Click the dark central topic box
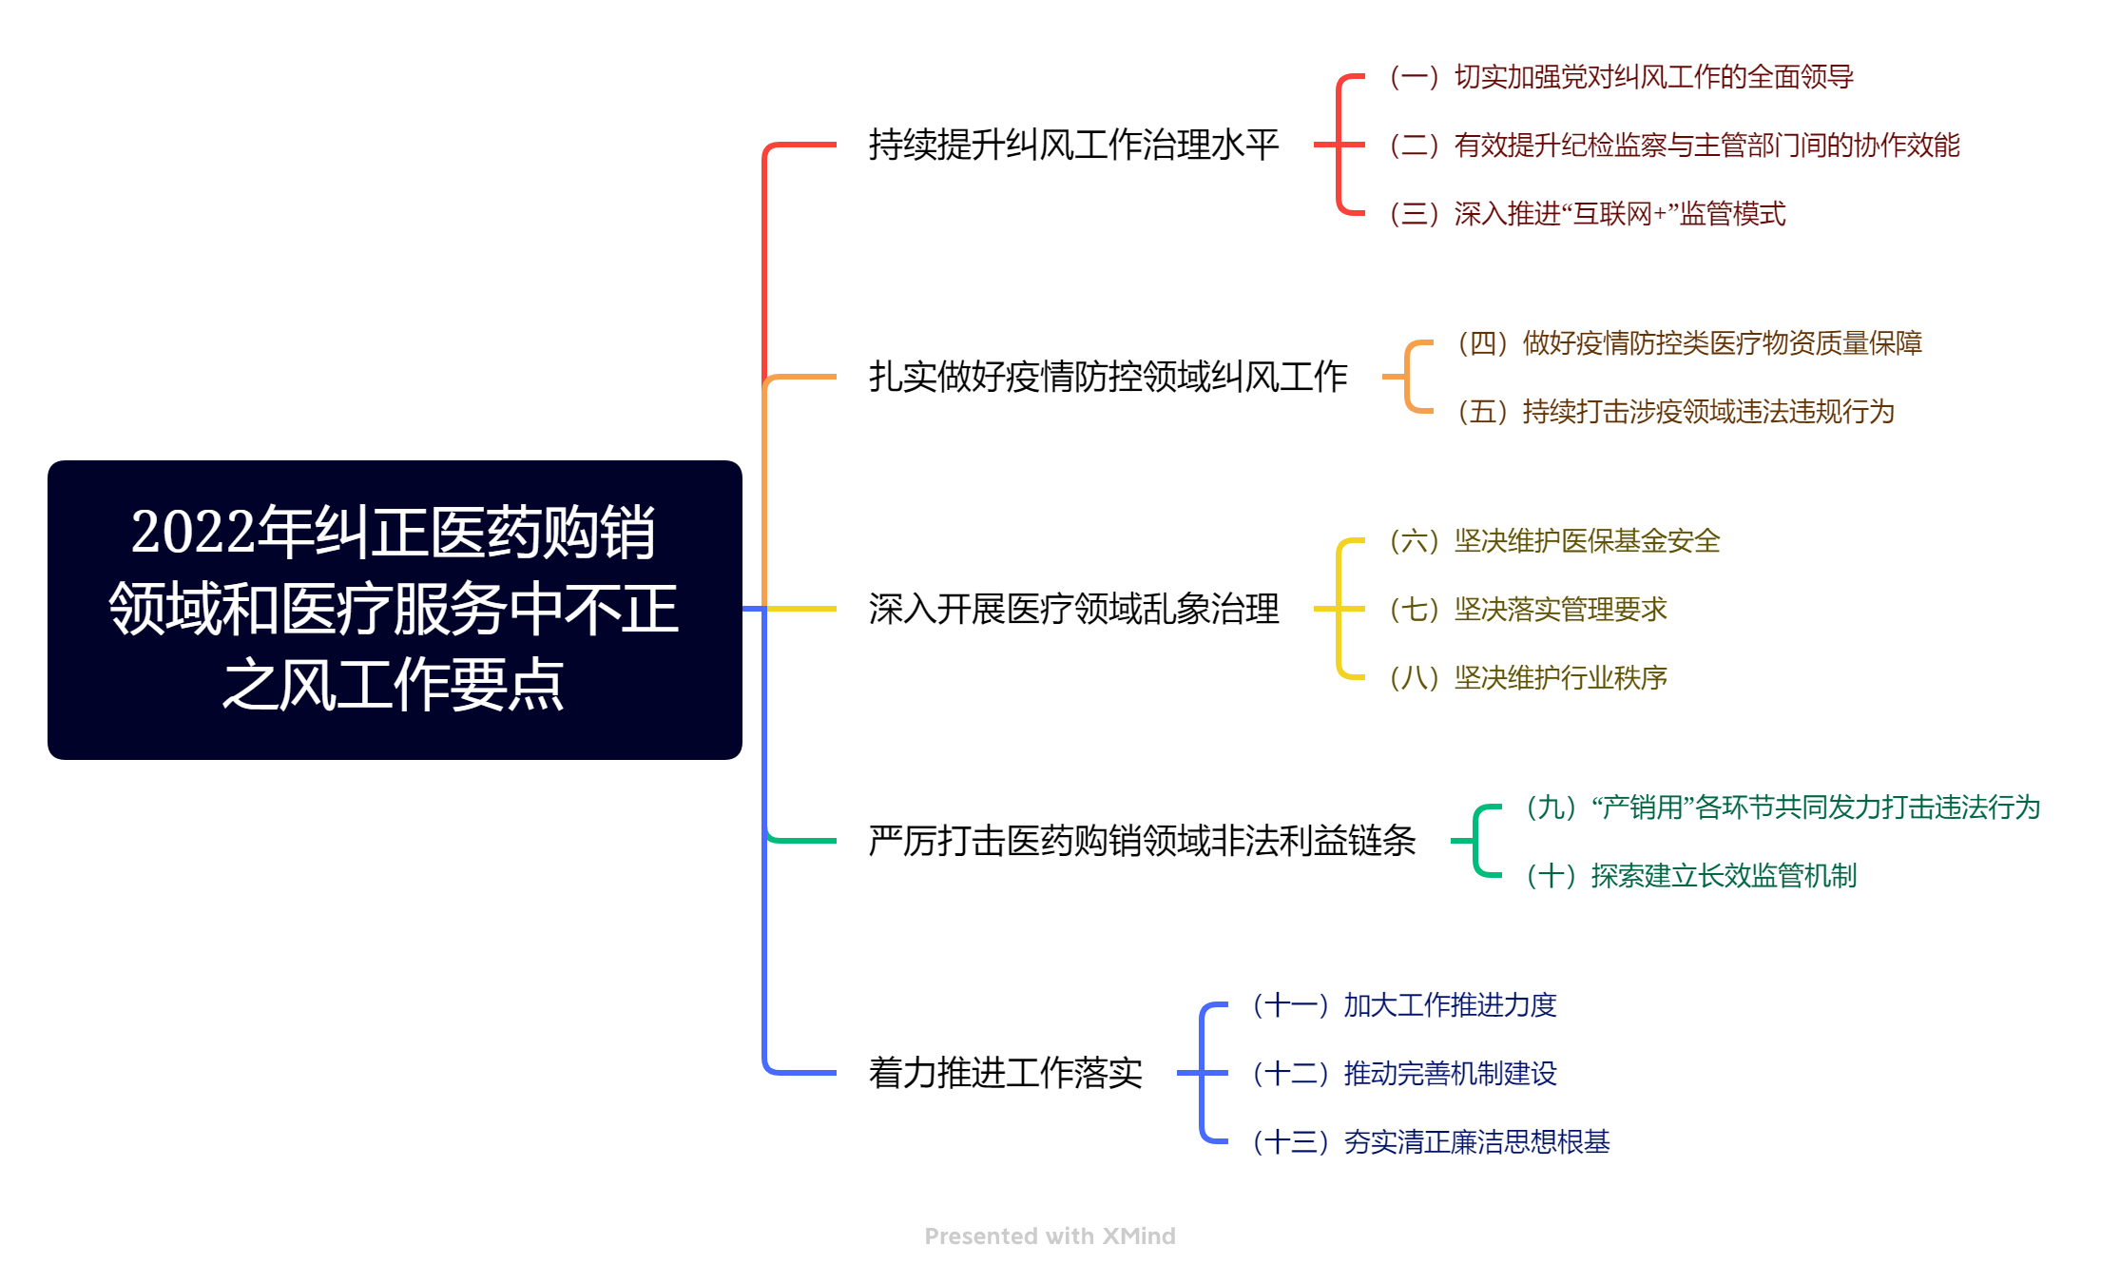click(x=395, y=610)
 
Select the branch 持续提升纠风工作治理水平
click(x=1073, y=145)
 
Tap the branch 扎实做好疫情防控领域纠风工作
click(x=1108, y=377)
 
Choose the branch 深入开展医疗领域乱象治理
click(x=1073, y=609)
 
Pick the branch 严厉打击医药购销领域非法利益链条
click(x=1142, y=841)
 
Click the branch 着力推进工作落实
click(x=1005, y=1073)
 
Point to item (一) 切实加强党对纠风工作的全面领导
click(x=1621, y=77)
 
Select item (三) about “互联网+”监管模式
click(x=1587, y=214)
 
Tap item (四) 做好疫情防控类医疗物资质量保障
click(x=1689, y=343)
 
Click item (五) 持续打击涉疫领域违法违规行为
click(x=1676, y=412)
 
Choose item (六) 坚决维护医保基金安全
click(x=1554, y=541)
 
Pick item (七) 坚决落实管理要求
click(x=1528, y=610)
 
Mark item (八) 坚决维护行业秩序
click(x=1528, y=678)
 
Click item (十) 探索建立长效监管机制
click(x=1691, y=876)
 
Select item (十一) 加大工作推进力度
click(x=1404, y=1005)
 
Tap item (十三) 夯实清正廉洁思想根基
click(x=1431, y=1142)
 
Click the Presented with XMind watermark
click(x=1050, y=1235)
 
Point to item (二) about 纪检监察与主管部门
click(x=1674, y=146)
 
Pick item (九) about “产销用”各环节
click(x=1783, y=807)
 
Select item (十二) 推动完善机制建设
click(x=1404, y=1074)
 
